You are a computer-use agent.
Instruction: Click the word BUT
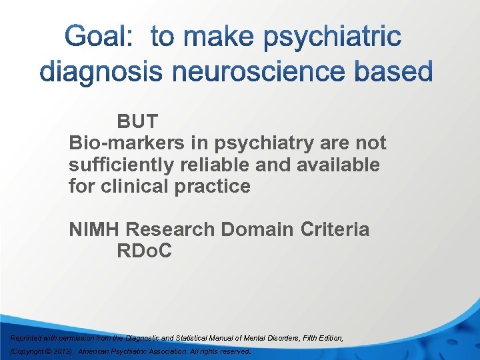point(138,122)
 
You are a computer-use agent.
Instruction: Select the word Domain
point(257,229)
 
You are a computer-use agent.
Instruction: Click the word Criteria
point(335,229)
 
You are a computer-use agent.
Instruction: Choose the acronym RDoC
point(144,251)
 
